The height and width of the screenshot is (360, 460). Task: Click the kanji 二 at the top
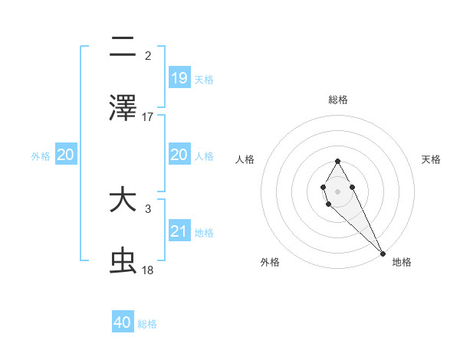[x=123, y=47]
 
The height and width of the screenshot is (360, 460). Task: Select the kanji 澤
[x=123, y=108]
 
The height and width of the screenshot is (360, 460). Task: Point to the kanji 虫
[x=123, y=261]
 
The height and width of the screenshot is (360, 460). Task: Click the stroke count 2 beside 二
[x=148, y=56]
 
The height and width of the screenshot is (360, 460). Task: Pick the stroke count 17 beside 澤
[x=148, y=117]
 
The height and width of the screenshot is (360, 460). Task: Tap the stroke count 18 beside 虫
[x=148, y=270]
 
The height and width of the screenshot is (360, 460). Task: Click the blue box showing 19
[x=179, y=78]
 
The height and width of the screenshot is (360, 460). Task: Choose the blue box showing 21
[x=179, y=231]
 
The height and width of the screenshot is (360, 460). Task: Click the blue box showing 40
[x=123, y=322]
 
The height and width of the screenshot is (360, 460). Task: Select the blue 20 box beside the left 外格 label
[x=66, y=155]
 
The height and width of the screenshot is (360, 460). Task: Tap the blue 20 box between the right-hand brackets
[x=179, y=155]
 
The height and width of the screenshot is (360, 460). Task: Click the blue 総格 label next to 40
[x=147, y=324]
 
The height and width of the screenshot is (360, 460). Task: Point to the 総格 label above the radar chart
[x=338, y=100]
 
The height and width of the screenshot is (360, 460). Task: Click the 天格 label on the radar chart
[x=432, y=159]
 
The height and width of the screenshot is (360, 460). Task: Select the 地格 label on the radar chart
[x=402, y=262]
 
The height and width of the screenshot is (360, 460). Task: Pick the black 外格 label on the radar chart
[x=270, y=262]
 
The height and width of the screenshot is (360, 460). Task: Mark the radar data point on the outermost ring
[x=383, y=253]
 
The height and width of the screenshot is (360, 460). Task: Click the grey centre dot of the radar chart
[x=337, y=190]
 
